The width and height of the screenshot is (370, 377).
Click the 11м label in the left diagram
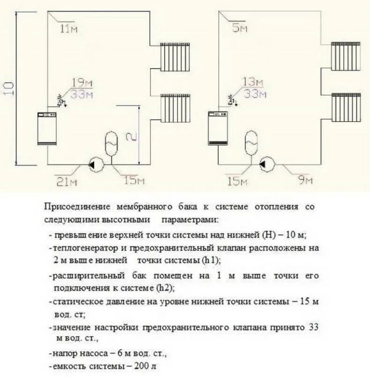tap(68, 29)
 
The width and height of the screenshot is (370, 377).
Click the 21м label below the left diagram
tap(66, 181)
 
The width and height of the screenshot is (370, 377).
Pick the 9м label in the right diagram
tap(305, 180)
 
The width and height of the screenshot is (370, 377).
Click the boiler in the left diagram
tap(46, 128)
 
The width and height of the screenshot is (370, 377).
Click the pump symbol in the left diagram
tap(95, 164)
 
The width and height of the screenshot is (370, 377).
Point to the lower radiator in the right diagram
tap(346, 107)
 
